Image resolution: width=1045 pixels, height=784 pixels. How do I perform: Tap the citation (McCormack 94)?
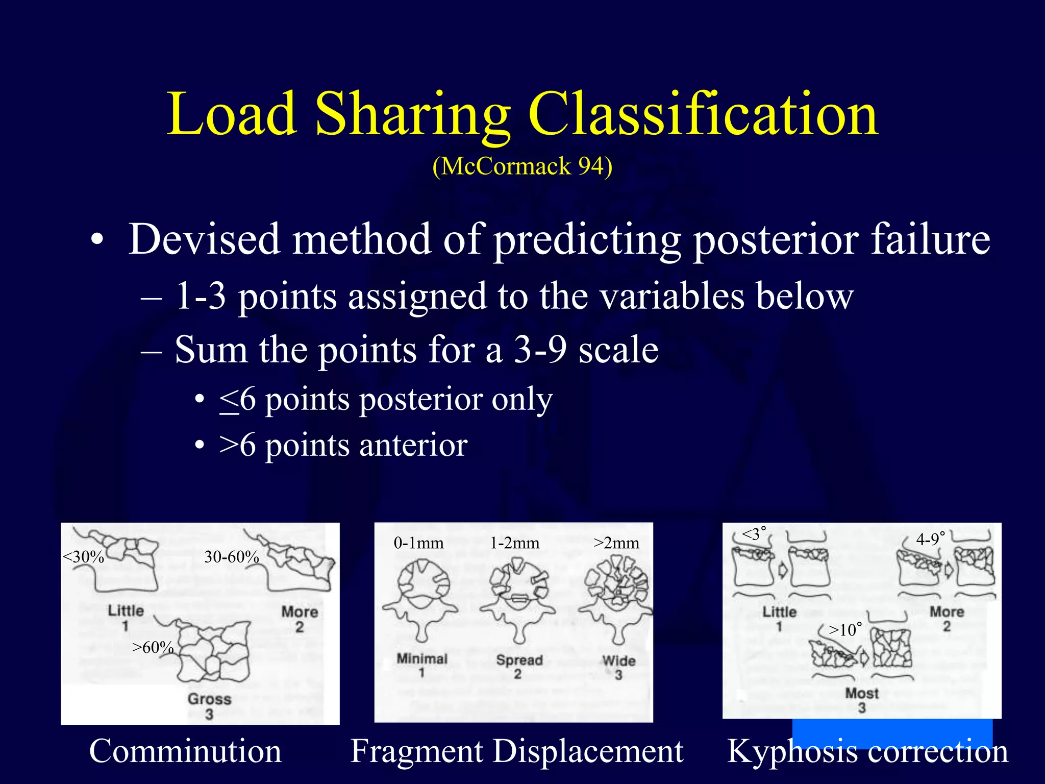[x=522, y=166]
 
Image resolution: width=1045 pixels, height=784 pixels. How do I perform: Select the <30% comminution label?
[x=83, y=557]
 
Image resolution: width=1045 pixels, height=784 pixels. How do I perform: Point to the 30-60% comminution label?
[x=232, y=557]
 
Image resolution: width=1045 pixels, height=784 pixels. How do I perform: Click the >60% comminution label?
[x=153, y=648]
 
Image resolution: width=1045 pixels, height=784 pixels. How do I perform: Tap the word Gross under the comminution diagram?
[x=209, y=699]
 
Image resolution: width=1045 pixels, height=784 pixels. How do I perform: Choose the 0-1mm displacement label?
[x=418, y=543]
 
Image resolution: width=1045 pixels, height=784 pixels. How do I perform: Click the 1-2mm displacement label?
[x=514, y=543]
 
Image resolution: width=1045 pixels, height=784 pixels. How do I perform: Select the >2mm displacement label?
[x=616, y=543]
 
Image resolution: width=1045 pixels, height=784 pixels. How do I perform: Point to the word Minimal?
[x=422, y=659]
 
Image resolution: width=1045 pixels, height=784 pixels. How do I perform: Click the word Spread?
[x=519, y=660]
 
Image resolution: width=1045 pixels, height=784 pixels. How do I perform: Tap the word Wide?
[x=618, y=661]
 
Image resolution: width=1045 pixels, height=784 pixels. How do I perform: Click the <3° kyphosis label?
[x=754, y=534]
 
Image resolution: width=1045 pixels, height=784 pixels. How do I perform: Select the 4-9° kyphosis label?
[x=930, y=539]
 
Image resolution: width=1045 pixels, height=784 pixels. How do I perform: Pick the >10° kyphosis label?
[x=845, y=630]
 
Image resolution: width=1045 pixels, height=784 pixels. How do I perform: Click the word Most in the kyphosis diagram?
[x=862, y=693]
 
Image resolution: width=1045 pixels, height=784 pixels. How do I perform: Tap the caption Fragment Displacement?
[x=516, y=751]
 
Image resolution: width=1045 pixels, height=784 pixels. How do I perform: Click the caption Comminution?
[x=185, y=751]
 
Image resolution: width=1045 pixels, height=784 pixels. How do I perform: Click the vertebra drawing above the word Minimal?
[x=421, y=597]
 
